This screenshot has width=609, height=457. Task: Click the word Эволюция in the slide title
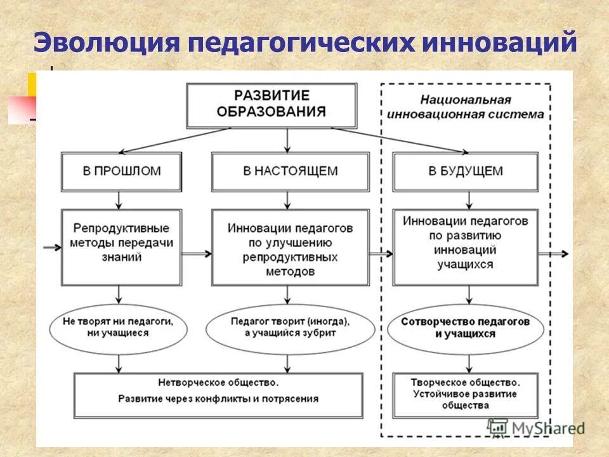(x=105, y=43)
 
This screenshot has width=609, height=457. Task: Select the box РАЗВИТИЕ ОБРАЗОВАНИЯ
(x=272, y=105)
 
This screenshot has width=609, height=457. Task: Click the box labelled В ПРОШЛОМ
(x=121, y=171)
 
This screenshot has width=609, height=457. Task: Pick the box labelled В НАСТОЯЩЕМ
(x=290, y=171)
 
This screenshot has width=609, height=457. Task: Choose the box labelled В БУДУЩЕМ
(x=466, y=171)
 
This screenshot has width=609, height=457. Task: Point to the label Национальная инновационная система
(x=466, y=107)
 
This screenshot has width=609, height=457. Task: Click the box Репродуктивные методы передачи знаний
(x=121, y=247)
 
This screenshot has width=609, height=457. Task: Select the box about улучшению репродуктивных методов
(x=290, y=247)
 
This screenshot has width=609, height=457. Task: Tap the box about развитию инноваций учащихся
(x=466, y=247)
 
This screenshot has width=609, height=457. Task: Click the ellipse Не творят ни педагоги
(x=118, y=327)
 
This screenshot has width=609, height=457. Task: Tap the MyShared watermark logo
(x=535, y=428)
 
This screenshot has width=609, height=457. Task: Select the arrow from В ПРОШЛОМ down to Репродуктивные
(x=119, y=200)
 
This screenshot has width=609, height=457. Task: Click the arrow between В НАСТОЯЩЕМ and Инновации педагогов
(x=288, y=200)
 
